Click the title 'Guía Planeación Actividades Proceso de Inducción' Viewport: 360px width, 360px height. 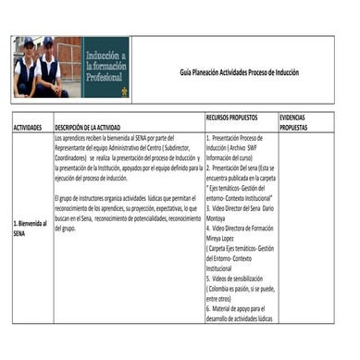[x=239, y=72]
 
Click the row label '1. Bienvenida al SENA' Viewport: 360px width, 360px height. [x=31, y=229]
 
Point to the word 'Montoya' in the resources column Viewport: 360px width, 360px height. [x=218, y=218]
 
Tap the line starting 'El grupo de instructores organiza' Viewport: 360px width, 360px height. [x=125, y=198]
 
